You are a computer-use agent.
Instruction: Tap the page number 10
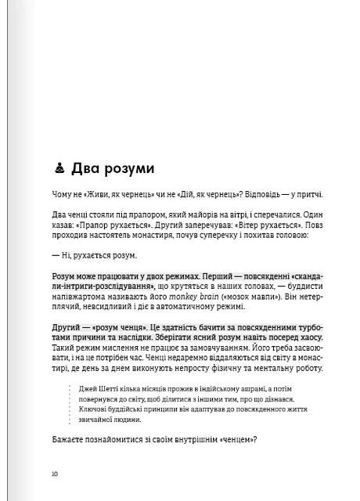54,473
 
